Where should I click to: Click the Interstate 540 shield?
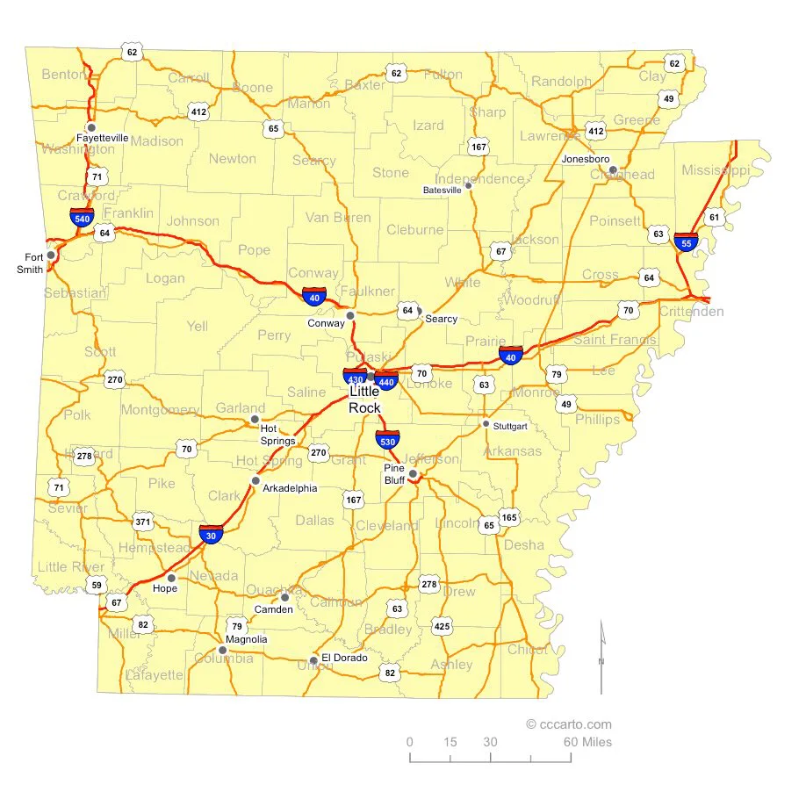(83, 217)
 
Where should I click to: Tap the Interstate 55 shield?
(686, 241)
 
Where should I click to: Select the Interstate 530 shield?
(387, 439)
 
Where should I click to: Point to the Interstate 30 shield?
(210, 534)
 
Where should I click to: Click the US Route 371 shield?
(143, 522)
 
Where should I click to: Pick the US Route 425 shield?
(442, 626)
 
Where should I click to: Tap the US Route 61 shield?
(715, 217)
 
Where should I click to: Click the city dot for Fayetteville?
(91, 127)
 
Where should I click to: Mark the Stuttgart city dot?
(486, 424)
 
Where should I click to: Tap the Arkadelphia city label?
(291, 488)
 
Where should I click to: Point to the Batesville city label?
(442, 190)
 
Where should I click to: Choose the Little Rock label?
(364, 400)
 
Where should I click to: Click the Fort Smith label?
(33, 263)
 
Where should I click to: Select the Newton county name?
(233, 159)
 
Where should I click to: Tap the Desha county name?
(523, 544)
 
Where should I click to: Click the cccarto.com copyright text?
(568, 724)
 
